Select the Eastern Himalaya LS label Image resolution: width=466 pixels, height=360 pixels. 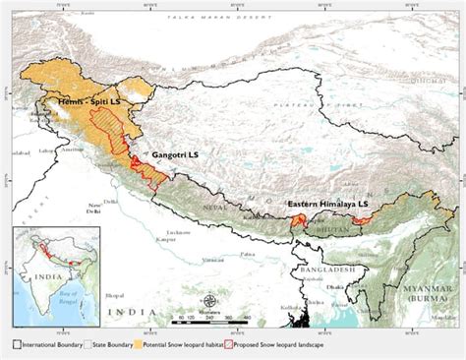point(327,204)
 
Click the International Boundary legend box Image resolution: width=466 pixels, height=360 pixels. point(17,344)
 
